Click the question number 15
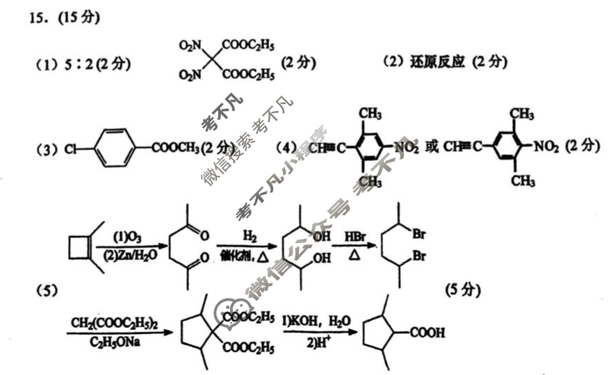[x=39, y=17]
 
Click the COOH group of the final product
[x=427, y=333]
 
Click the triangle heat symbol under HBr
[x=354, y=256]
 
